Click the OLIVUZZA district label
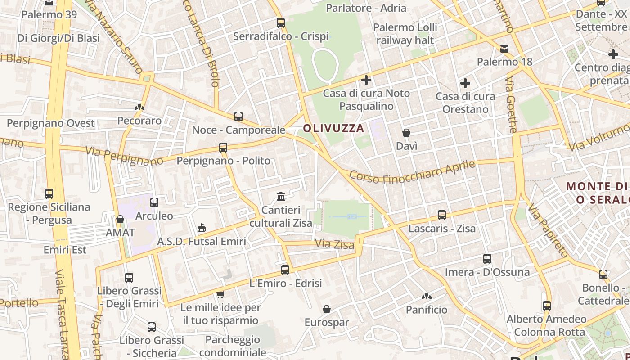[x=333, y=128]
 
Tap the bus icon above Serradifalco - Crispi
[x=281, y=22]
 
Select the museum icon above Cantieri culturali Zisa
[x=281, y=196]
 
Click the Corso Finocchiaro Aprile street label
[x=412, y=172]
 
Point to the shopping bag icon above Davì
[x=406, y=133]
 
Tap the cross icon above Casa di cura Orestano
[x=465, y=83]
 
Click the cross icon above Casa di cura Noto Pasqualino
[x=366, y=80]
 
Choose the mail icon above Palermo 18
[x=504, y=49]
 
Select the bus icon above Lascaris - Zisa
[x=442, y=215]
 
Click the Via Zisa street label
[x=334, y=244]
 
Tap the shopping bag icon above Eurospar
[x=327, y=309]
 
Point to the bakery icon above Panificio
[x=426, y=297]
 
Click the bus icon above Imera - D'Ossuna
[x=487, y=259]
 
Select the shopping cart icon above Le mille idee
[x=220, y=294]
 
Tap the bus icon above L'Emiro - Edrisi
[x=285, y=270]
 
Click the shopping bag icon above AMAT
[x=120, y=219]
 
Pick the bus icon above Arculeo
[x=154, y=202]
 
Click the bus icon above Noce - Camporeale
[x=238, y=117]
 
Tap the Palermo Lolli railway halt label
[x=405, y=34]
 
